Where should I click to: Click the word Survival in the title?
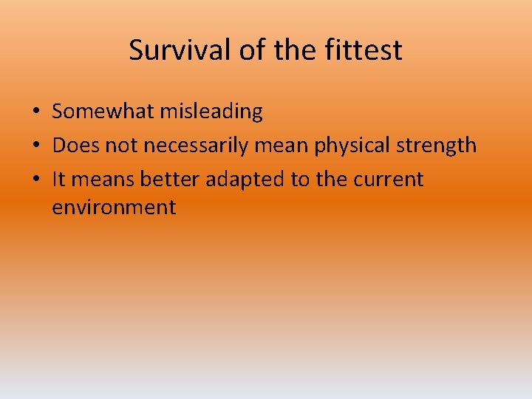[x=180, y=50]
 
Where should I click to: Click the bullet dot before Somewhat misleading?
[x=35, y=112]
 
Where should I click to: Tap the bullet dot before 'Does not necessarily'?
[x=35, y=146]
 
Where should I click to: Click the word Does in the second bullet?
[x=76, y=146]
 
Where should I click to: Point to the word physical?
[x=352, y=146]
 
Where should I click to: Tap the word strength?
[x=436, y=146]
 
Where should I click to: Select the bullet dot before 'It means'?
[x=35, y=180]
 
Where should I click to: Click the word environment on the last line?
[x=114, y=208]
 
